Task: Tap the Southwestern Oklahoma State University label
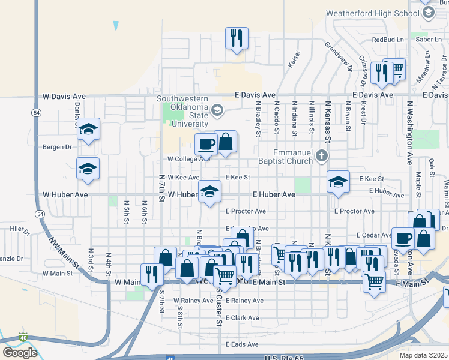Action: click(x=182, y=111)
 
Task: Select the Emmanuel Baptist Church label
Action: click(x=292, y=157)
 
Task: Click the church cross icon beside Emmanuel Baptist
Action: click(x=322, y=157)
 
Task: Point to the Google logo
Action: click(x=19, y=353)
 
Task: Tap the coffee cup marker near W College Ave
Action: click(x=206, y=144)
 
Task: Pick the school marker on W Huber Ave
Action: click(x=209, y=191)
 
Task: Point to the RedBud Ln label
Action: click(x=387, y=40)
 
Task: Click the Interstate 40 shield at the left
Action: click(x=23, y=337)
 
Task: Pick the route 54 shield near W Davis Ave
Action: click(x=37, y=112)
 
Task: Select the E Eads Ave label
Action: click(x=242, y=344)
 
